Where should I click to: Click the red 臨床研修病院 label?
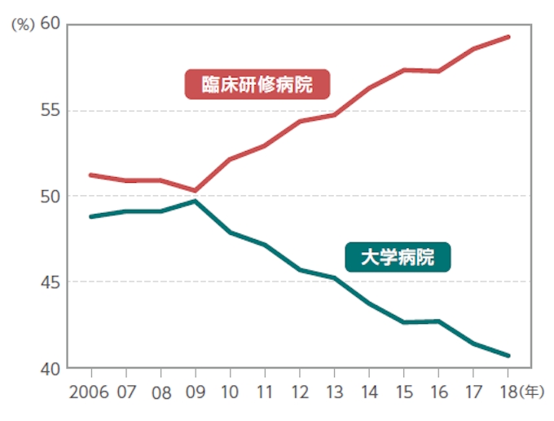tap(257, 84)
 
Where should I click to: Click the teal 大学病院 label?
tap(398, 258)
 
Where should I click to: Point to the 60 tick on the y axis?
tap(51, 24)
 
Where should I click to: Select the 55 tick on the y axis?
tap(51, 110)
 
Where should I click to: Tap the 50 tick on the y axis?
tap(51, 196)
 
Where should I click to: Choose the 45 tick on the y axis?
tap(51, 282)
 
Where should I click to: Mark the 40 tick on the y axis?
tap(51, 368)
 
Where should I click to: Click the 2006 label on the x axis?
tap(89, 392)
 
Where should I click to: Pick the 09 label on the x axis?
tap(196, 392)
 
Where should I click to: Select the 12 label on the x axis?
tap(300, 392)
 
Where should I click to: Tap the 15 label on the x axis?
tap(404, 392)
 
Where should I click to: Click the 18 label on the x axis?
tap(508, 392)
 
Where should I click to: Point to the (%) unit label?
tap(22, 24)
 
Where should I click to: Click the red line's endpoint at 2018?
tap(508, 37)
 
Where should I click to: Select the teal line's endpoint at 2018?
tap(508, 356)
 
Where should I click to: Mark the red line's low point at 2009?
tap(196, 190)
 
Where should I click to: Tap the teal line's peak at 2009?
tap(196, 201)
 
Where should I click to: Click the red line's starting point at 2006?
tap(90, 175)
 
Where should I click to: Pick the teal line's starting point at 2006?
tap(90, 216)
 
